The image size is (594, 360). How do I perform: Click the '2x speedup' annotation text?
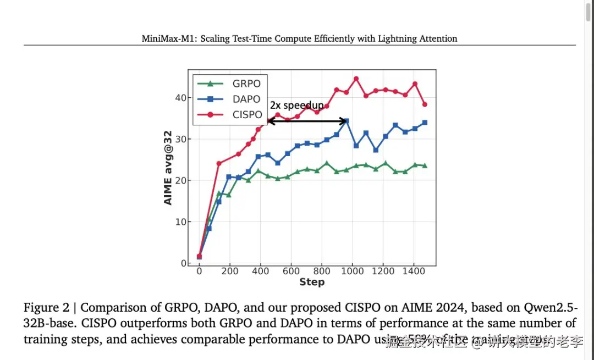coord(296,106)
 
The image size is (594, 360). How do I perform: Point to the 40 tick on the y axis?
coord(180,98)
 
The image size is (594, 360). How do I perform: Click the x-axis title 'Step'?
coord(312,282)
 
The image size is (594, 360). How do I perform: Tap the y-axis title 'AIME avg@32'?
coord(168,167)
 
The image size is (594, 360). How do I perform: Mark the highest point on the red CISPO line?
coord(356,79)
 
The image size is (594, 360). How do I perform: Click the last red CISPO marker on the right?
coord(425,104)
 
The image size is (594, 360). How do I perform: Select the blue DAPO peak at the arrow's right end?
coord(346,121)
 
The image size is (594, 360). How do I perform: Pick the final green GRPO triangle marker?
coord(425,165)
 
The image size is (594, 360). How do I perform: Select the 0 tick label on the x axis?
coord(199,272)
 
